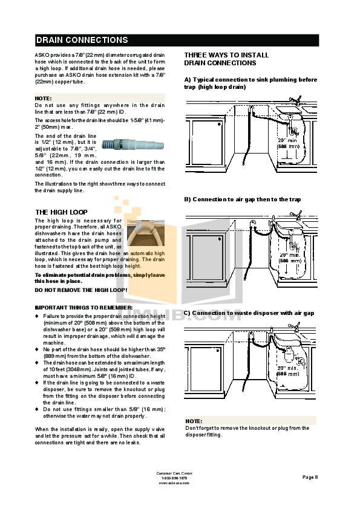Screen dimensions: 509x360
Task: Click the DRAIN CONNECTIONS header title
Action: (x=82, y=41)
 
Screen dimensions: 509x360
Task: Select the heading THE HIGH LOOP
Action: (x=61, y=212)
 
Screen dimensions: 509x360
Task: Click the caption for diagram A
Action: (x=250, y=83)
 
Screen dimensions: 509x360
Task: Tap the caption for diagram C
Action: (x=249, y=313)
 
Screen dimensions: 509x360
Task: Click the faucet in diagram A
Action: (x=295, y=99)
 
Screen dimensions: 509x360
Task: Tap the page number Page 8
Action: (x=310, y=477)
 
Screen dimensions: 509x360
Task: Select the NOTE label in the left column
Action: (x=43, y=98)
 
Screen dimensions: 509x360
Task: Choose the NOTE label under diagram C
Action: (x=194, y=421)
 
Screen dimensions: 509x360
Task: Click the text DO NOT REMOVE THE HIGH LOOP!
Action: (x=80, y=290)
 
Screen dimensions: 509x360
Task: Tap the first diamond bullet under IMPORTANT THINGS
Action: (x=37, y=316)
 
